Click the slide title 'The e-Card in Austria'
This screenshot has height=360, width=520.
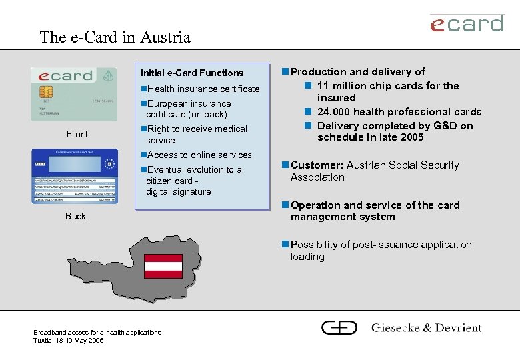(115, 37)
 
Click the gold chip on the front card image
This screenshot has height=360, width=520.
(47, 91)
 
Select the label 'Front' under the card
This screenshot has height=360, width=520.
(77, 135)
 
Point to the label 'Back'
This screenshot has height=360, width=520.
(75, 216)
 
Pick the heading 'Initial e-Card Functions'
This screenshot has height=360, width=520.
(193, 73)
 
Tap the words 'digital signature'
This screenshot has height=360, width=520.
(178, 192)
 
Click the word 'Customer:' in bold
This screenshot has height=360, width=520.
(317, 165)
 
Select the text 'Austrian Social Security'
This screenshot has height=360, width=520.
(403, 165)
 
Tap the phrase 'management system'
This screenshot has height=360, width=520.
(343, 217)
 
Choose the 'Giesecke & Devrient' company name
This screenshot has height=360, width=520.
(426, 328)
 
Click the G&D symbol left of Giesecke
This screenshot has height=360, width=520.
(339, 327)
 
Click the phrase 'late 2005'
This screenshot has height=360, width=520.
(402, 137)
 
